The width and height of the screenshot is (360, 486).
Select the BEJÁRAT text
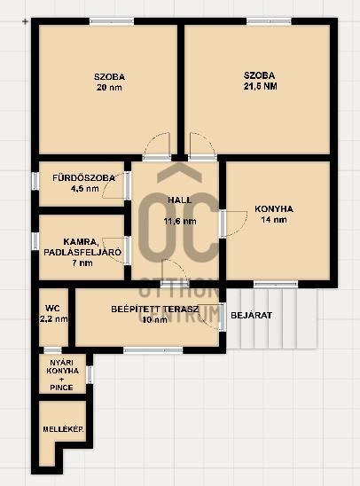(251, 315)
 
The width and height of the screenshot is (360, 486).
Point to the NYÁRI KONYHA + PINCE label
(62, 373)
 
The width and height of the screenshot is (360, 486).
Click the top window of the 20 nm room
(112, 22)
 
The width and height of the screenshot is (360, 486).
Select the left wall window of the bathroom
(35, 180)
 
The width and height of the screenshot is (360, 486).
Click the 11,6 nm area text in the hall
(179, 221)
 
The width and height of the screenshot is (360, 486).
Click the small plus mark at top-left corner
(24, 20)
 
